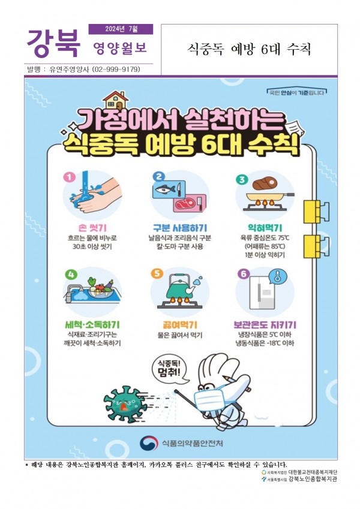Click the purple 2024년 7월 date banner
pyautogui.click(x=121, y=29)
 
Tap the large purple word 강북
pyautogui.click(x=53, y=43)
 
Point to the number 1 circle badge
pyautogui.click(x=69, y=177)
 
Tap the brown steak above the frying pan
pyautogui.click(x=264, y=183)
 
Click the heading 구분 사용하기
pyautogui.click(x=179, y=228)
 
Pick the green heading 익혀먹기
pyautogui.click(x=265, y=228)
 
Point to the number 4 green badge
pyautogui.click(x=71, y=275)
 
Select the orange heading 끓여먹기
pyautogui.click(x=179, y=324)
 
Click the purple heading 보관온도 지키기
pyautogui.click(x=265, y=324)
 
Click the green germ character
pyautogui.click(x=125, y=403)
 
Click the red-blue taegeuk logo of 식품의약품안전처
pyautogui.click(x=149, y=443)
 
